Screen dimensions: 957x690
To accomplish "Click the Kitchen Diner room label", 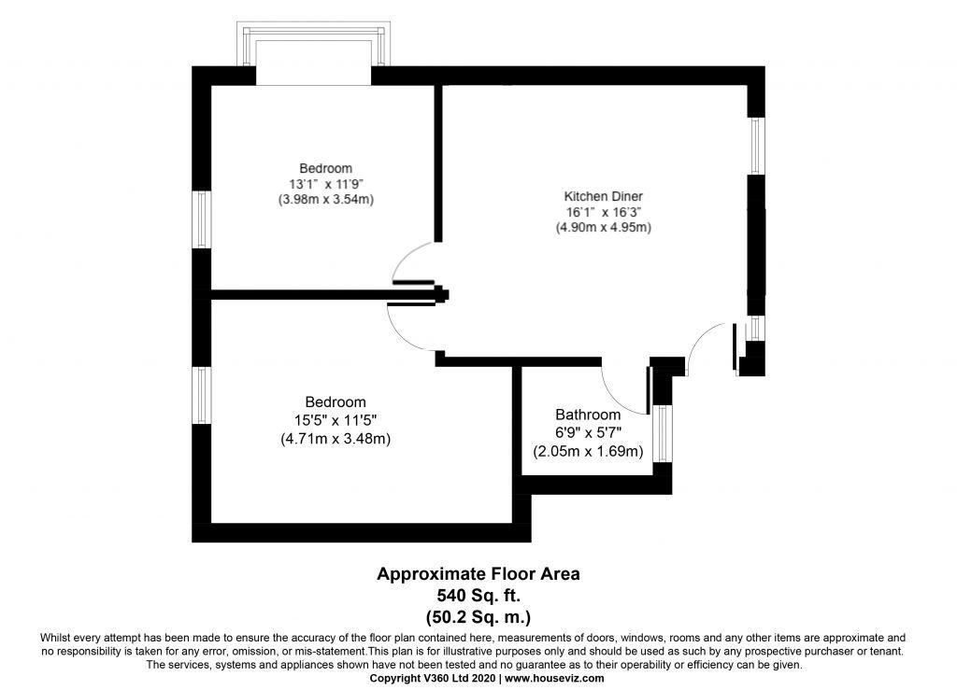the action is pyautogui.click(x=603, y=196).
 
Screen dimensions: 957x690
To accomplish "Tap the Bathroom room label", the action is pyautogui.click(x=588, y=415).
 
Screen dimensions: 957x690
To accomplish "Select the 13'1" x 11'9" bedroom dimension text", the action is pyautogui.click(x=326, y=184).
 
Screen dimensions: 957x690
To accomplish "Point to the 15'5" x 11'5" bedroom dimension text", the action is pyautogui.click(x=336, y=420).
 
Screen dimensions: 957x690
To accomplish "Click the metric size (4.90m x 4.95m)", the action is pyautogui.click(x=603, y=228).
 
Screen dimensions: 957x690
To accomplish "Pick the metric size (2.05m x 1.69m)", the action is pyautogui.click(x=588, y=452).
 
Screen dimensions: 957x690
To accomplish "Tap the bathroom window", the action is pyautogui.click(x=663, y=433).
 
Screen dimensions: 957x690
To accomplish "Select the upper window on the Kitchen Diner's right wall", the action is pyautogui.click(x=757, y=146).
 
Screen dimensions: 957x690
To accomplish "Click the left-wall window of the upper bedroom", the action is pyautogui.click(x=202, y=220).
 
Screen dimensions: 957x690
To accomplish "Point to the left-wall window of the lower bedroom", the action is pyautogui.click(x=202, y=395).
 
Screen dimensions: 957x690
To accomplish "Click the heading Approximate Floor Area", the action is pyautogui.click(x=478, y=573).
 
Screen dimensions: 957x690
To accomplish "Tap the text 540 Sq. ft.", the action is pyautogui.click(x=478, y=595).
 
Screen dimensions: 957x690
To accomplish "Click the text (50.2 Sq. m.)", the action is pyautogui.click(x=478, y=617).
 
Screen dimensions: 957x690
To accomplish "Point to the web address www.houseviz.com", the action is pyautogui.click(x=555, y=678).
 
